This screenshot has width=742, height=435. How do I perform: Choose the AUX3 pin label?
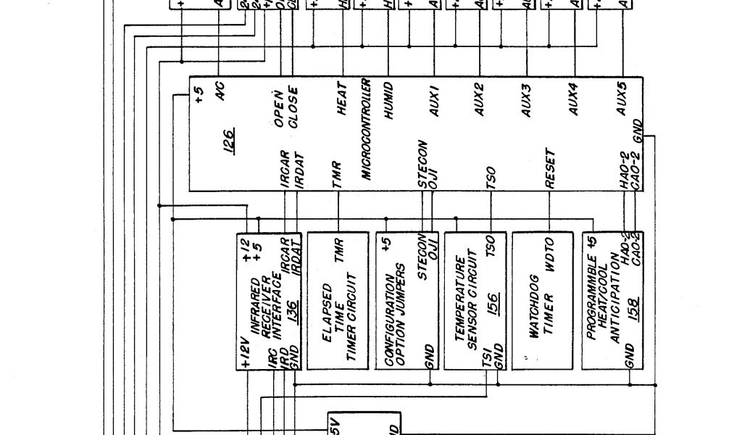(x=527, y=101)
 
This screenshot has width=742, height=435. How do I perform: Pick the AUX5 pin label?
(x=621, y=98)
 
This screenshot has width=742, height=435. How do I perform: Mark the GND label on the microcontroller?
(x=637, y=129)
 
